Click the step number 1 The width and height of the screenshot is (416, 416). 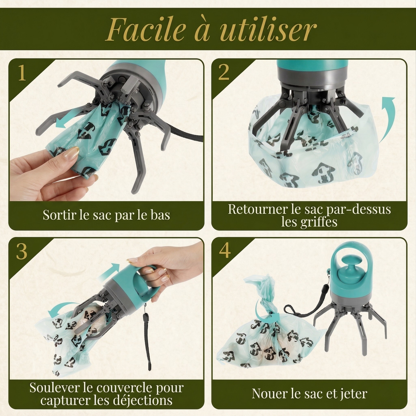(x=22, y=73)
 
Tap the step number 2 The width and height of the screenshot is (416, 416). (x=224, y=73)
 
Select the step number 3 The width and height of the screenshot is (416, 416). (x=21, y=252)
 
